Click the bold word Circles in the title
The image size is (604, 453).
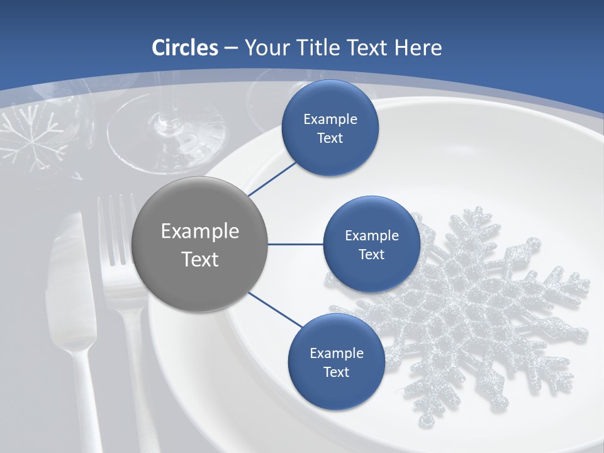184,48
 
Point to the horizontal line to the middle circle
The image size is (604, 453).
296,244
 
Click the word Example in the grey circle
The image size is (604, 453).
200,232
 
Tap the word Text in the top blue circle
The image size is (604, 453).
330,138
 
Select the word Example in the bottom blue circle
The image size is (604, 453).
336,353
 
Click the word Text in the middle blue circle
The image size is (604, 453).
371,255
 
